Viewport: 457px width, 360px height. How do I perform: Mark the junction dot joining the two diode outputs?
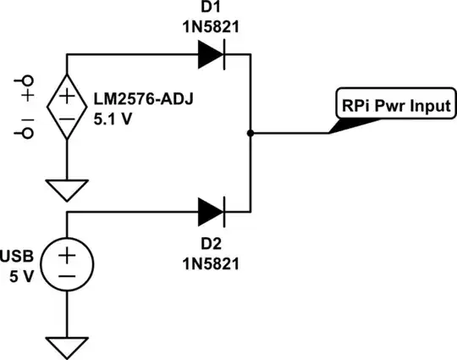pos(251,132)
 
